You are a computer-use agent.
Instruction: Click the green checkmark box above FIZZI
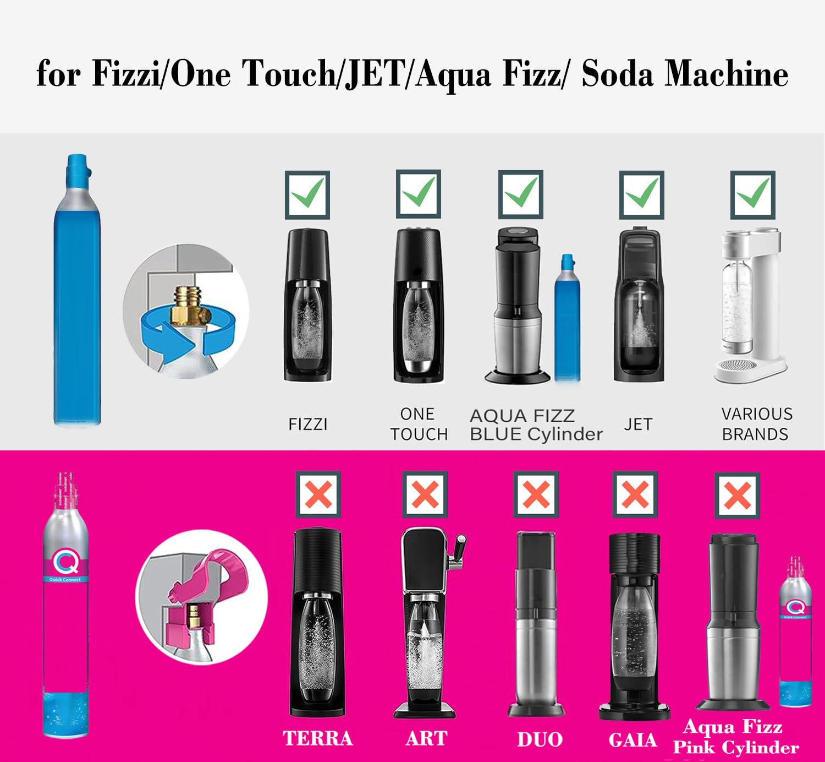click(x=307, y=194)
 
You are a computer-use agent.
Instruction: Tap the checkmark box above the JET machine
click(x=641, y=194)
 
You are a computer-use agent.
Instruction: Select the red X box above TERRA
click(x=318, y=494)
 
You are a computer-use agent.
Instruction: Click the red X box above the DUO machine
click(x=536, y=494)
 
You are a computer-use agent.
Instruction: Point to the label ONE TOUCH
click(x=419, y=424)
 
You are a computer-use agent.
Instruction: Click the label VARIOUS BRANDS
click(x=756, y=424)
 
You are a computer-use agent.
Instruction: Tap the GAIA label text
click(x=632, y=739)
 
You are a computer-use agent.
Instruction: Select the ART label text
click(x=426, y=738)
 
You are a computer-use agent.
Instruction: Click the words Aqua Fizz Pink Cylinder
click(x=735, y=737)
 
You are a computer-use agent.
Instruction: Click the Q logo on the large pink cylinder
click(x=65, y=562)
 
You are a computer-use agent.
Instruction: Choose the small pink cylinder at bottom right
click(x=795, y=633)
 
